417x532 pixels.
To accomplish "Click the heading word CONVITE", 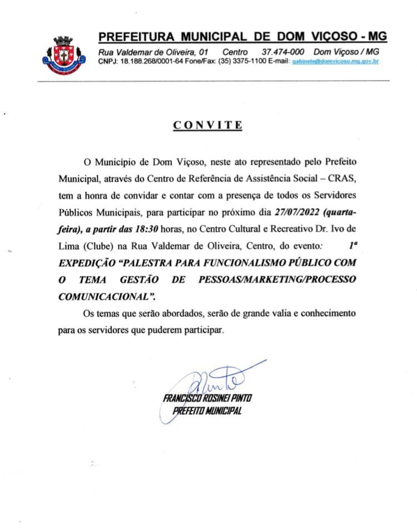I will pyautogui.click(x=208, y=125).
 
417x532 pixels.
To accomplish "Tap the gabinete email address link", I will pyautogui.click(x=335, y=61).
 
